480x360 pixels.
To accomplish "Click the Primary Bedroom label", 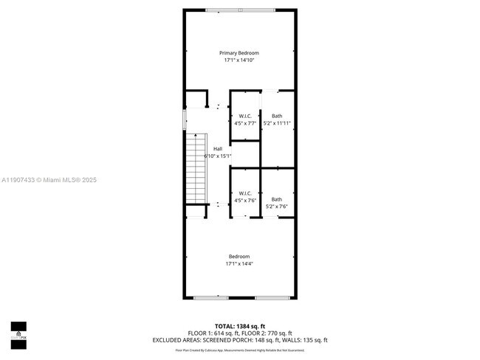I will click(239, 53).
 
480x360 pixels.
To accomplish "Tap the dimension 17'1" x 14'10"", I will click(239, 60).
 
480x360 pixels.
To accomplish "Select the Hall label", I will click(218, 149).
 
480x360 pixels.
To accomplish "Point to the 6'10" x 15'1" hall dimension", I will click(218, 156).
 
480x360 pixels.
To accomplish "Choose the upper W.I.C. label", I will click(245, 116).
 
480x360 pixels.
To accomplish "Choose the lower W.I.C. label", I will click(245, 193).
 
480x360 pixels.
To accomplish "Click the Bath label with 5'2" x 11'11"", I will click(277, 116).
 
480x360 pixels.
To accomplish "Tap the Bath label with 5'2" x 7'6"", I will click(276, 199).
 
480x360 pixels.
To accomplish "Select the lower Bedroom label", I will click(239, 256).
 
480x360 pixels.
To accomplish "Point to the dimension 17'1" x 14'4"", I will click(239, 263).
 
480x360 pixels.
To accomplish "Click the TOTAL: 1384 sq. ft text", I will click(239, 325).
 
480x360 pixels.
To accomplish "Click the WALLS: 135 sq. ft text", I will click(306, 340).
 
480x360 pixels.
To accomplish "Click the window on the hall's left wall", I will click(185, 120).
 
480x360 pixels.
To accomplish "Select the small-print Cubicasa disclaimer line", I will click(239, 349).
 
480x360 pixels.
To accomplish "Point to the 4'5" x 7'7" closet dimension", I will click(245, 123).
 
